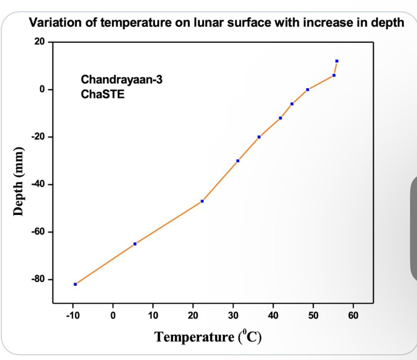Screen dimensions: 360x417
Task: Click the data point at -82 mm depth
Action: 75,284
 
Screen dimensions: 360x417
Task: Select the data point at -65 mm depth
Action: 135,244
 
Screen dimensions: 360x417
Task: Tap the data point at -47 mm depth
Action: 202,201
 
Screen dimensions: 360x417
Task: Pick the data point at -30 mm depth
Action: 238,161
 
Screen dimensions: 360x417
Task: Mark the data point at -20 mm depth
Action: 259,137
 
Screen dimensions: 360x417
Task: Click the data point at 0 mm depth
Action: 308,90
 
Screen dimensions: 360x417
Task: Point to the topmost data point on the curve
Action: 337,61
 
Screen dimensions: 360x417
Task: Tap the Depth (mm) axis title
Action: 19,181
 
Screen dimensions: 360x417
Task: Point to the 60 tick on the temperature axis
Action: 353,316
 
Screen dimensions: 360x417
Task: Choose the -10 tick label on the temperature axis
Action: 73,316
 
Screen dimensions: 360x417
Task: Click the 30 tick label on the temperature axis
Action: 233,316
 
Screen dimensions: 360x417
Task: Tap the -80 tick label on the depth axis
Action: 38,279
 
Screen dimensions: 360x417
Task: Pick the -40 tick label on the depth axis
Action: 38,184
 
